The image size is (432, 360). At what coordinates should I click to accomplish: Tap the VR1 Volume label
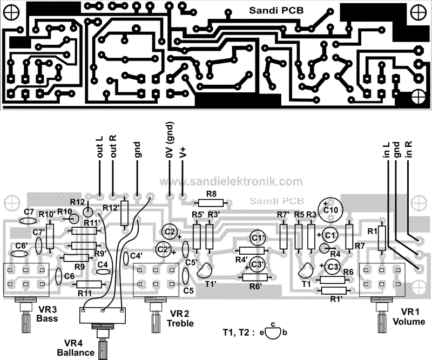pos(413,317)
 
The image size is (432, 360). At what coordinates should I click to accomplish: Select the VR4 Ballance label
pos(79,349)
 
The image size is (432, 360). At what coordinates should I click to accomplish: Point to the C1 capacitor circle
pos(331,235)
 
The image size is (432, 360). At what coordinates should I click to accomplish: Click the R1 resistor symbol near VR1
pos(382,238)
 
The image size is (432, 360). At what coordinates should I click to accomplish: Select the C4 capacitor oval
pos(102,273)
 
